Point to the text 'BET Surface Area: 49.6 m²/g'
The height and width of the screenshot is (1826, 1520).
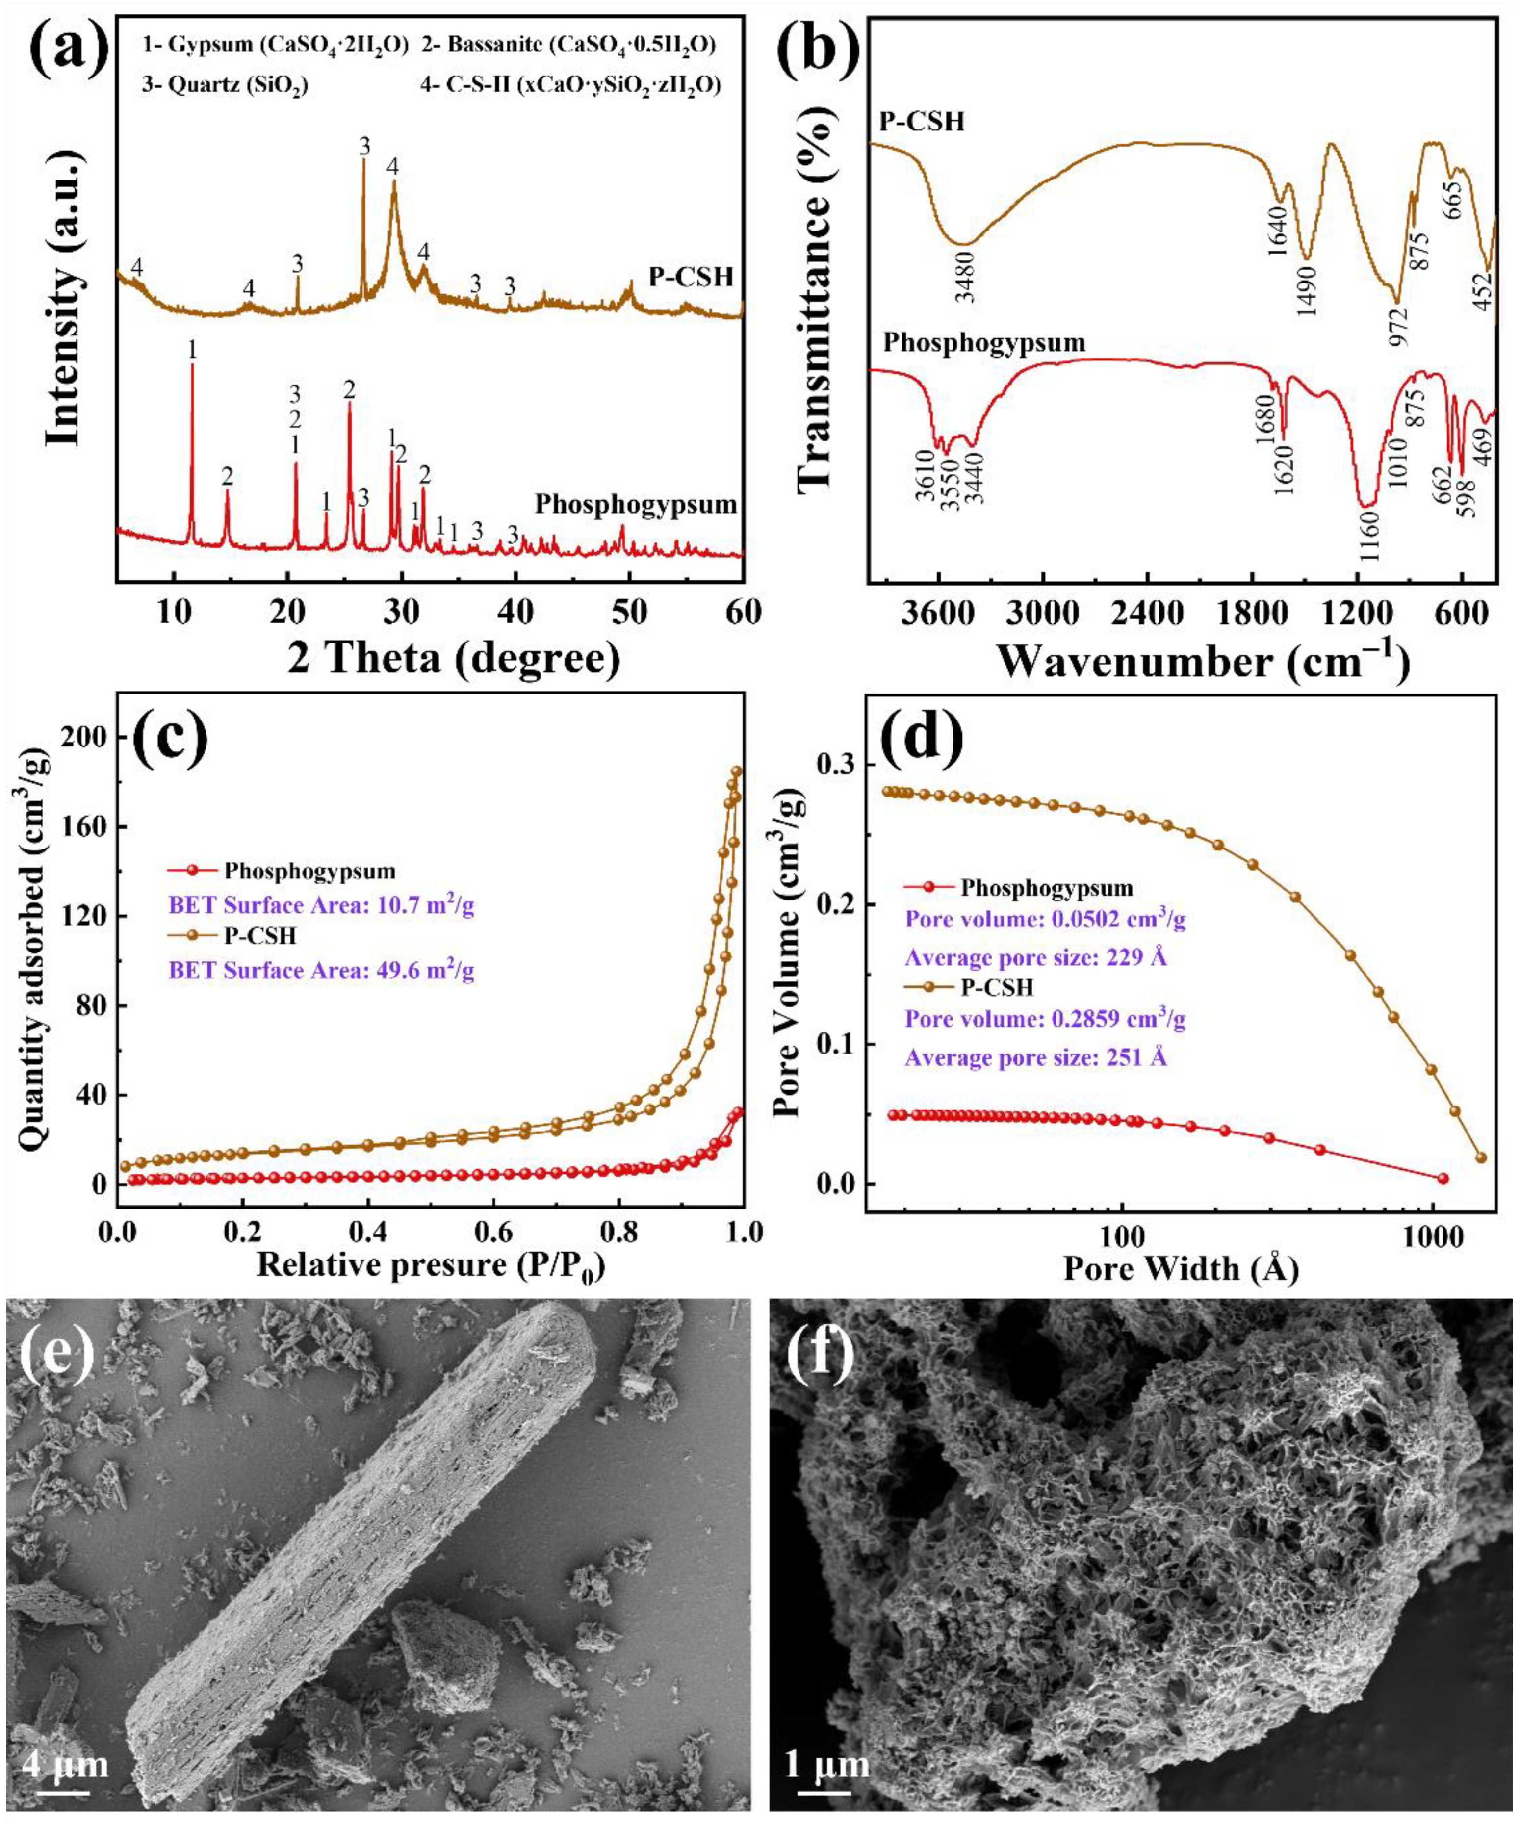322,971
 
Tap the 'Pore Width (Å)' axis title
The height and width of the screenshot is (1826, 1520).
1180,1269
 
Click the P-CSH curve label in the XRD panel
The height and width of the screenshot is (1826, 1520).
691,278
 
